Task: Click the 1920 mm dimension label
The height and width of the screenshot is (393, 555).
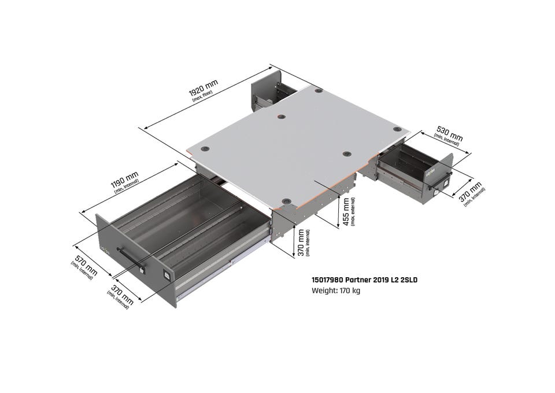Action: pos(203,87)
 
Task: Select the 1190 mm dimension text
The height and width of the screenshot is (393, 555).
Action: pos(124,180)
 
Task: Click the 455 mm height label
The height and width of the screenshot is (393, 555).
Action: pos(346,212)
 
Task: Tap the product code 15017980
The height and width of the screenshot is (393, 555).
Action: pos(327,280)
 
